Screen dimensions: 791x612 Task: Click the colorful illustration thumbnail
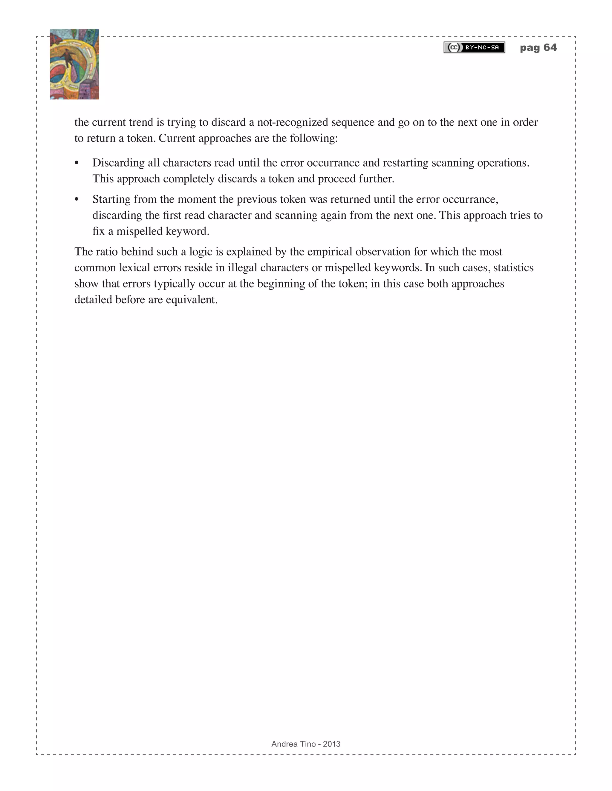pos(74,64)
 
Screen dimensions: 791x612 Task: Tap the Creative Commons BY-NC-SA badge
pos(474,47)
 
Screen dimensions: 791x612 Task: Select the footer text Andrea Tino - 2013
pos(306,744)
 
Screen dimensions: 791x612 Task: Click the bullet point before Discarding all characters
pos(76,163)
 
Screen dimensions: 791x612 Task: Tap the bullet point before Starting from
pos(76,200)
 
